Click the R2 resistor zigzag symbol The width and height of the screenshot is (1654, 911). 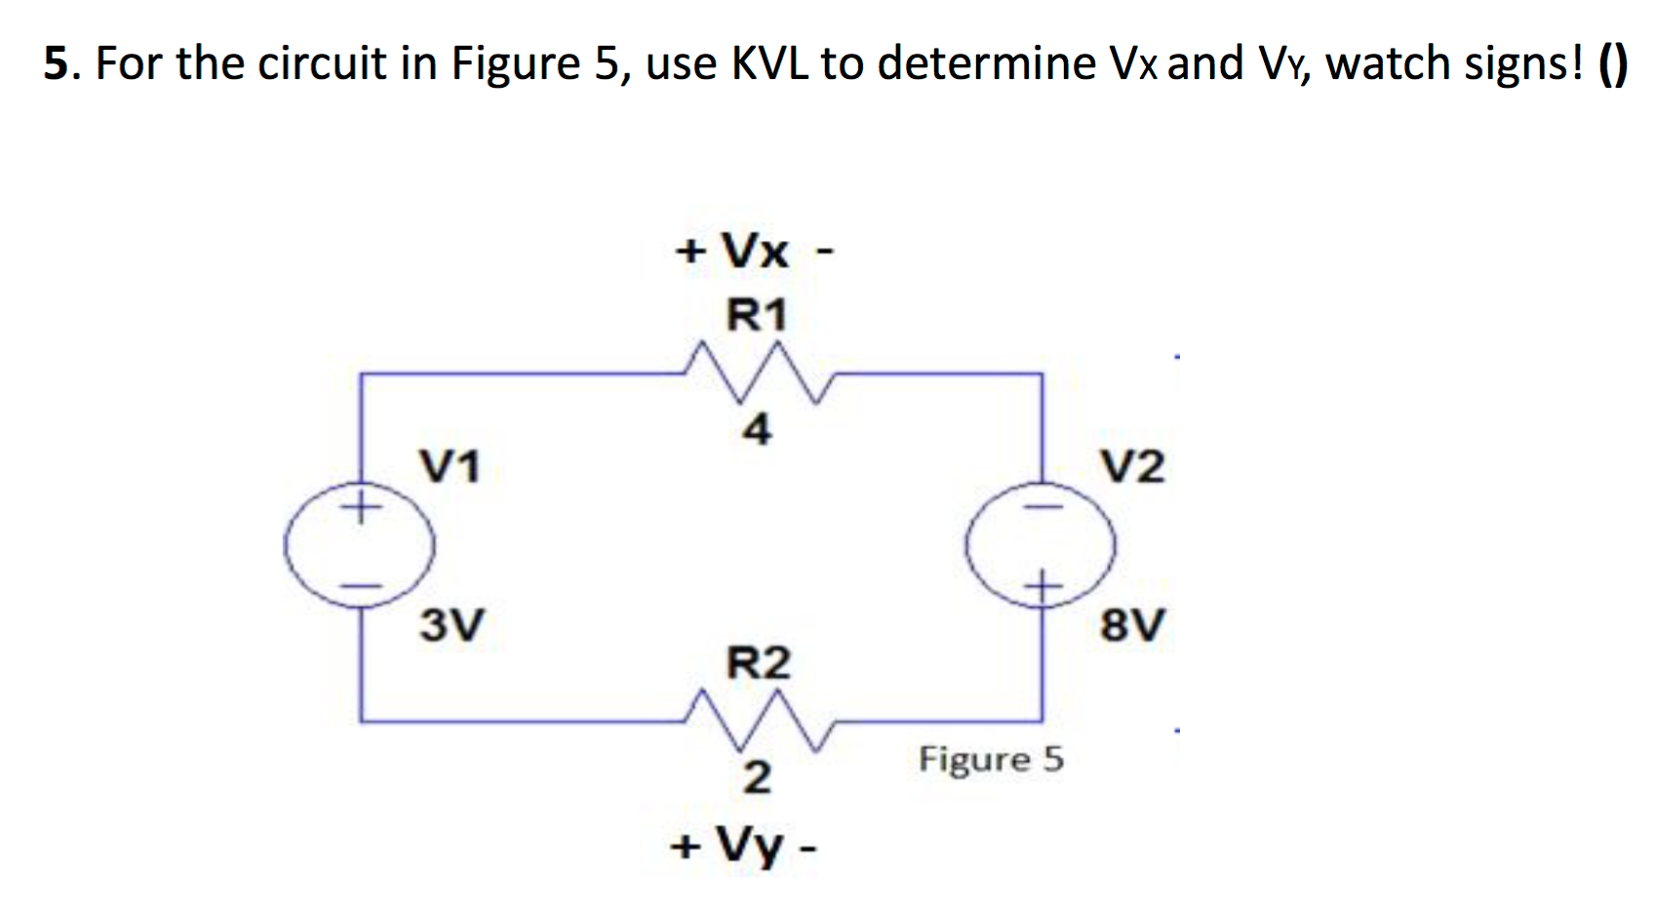click(758, 722)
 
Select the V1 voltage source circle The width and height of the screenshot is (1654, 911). click(360, 545)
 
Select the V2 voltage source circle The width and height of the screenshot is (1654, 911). click(1041, 545)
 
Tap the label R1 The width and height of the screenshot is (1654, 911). click(756, 315)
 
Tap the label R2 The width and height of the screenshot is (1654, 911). click(758, 663)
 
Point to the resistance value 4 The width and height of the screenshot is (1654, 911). click(757, 429)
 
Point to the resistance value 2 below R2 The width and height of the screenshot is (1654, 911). click(757, 777)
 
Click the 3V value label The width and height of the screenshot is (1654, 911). click(451, 624)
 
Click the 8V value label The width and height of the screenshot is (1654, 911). click(1132, 624)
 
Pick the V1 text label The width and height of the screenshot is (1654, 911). click(450, 466)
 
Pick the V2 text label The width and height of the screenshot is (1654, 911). click(1132, 466)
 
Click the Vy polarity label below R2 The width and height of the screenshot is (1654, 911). click(743, 845)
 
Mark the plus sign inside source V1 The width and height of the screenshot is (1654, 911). click(361, 507)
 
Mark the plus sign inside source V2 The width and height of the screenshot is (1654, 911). click(1042, 585)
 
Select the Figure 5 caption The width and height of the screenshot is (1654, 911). click(991, 759)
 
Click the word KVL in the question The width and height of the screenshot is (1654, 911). click(770, 63)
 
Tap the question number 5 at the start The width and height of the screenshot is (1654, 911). click(57, 63)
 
